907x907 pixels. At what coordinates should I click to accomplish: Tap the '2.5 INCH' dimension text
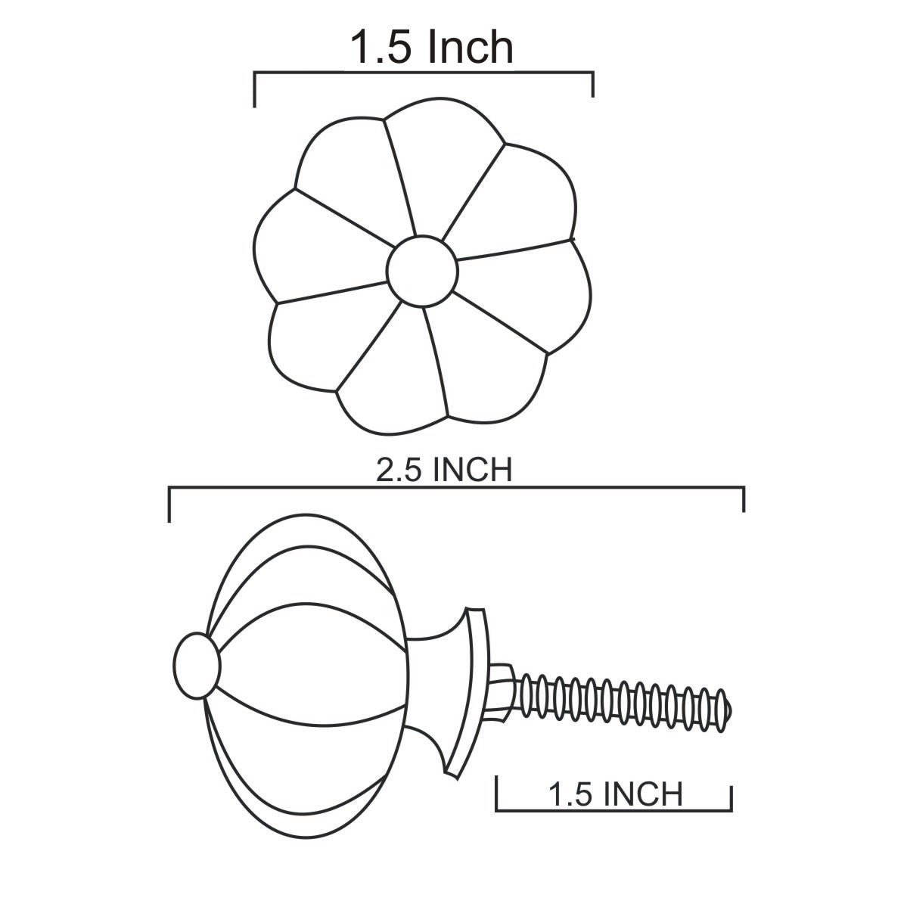(444, 470)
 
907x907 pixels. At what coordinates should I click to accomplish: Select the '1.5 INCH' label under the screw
(616, 794)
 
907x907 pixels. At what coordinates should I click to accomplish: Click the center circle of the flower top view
(422, 271)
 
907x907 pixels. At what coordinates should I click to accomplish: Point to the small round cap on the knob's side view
(197, 665)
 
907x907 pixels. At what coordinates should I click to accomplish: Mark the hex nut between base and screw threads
(502, 694)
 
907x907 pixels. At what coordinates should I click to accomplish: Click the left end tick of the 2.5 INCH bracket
(169, 505)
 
